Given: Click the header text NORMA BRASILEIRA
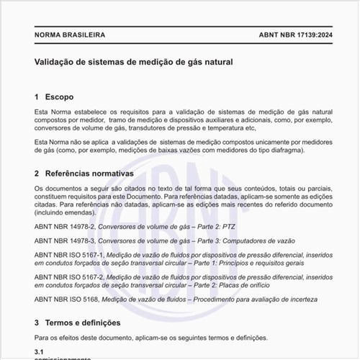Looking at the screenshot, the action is (70, 35).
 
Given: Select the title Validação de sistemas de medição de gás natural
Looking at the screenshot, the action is (133, 63).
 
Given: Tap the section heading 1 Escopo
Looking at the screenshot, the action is (54, 96).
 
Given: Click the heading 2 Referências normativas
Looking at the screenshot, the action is (84, 174).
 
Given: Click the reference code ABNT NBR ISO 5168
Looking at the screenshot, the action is (66, 298).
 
